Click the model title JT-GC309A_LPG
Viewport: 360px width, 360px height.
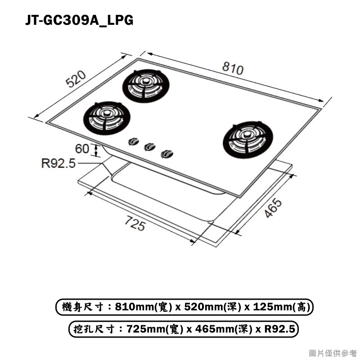79,20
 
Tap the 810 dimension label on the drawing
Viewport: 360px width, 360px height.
233,68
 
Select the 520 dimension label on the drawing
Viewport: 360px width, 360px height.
76,79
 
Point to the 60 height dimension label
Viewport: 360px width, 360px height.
82,148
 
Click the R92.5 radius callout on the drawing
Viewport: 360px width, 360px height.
58,163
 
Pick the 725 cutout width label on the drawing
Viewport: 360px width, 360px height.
135,223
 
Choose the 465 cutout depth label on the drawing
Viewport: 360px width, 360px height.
273,208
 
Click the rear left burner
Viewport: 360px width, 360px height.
146,86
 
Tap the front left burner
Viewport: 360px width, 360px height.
107,118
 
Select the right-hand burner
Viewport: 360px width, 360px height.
248,139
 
